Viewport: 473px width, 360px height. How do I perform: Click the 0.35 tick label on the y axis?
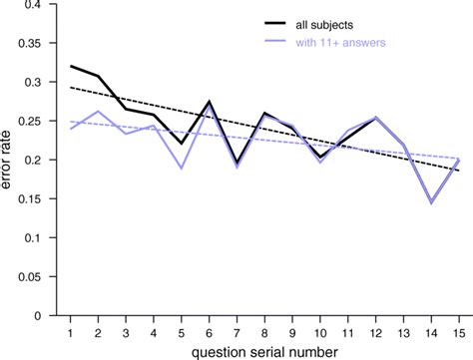[38, 44]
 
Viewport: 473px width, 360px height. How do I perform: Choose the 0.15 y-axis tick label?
[38, 199]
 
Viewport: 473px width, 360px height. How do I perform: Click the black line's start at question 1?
[71, 66]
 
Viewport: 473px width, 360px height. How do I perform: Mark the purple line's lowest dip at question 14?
[429, 202]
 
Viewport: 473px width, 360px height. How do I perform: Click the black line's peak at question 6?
[209, 102]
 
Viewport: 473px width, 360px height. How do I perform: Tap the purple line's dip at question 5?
[182, 168]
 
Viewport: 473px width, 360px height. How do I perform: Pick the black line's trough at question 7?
[236, 163]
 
